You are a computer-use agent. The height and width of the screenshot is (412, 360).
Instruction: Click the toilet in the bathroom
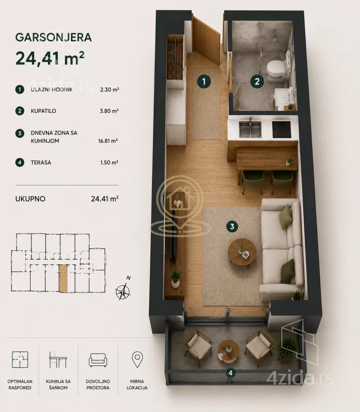pyautogui.click(x=275, y=69)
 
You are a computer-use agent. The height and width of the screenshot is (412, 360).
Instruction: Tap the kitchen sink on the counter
pyautogui.click(x=250, y=129)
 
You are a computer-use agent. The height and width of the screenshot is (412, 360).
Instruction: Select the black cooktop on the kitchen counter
pyautogui.click(x=282, y=130)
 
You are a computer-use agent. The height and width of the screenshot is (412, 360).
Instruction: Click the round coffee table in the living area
pyautogui.click(x=242, y=252)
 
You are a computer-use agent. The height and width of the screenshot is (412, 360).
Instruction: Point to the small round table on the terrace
pyautogui.click(x=229, y=350)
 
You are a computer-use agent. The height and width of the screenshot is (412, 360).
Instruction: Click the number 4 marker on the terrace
pyautogui.click(x=230, y=373)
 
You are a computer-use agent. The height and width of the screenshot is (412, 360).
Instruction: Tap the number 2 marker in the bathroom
pyautogui.click(x=257, y=81)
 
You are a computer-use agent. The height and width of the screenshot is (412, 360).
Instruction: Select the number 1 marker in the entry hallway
pyautogui.click(x=204, y=82)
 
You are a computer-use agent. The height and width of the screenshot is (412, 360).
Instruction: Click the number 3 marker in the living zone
pyautogui.click(x=232, y=227)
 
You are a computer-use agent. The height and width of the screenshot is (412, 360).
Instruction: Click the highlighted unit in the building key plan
pyautogui.click(x=63, y=278)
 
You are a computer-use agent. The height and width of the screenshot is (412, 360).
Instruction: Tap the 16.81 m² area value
pyautogui.click(x=107, y=141)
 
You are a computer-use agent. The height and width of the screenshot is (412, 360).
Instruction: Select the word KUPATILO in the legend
pyautogui.click(x=43, y=111)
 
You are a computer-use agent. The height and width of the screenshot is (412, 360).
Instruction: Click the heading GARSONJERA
pyautogui.click(x=54, y=38)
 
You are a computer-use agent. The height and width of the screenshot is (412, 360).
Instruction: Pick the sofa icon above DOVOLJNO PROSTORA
pyautogui.click(x=98, y=360)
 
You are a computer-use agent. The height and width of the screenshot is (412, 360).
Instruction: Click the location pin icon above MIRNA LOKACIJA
pyautogui.click(x=137, y=359)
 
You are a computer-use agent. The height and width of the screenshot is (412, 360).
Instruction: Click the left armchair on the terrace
pyautogui.click(x=198, y=347)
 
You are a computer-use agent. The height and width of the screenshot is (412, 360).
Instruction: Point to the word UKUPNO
pyautogui.click(x=30, y=199)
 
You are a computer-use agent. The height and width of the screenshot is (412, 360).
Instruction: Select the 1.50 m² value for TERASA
pyautogui.click(x=109, y=163)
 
